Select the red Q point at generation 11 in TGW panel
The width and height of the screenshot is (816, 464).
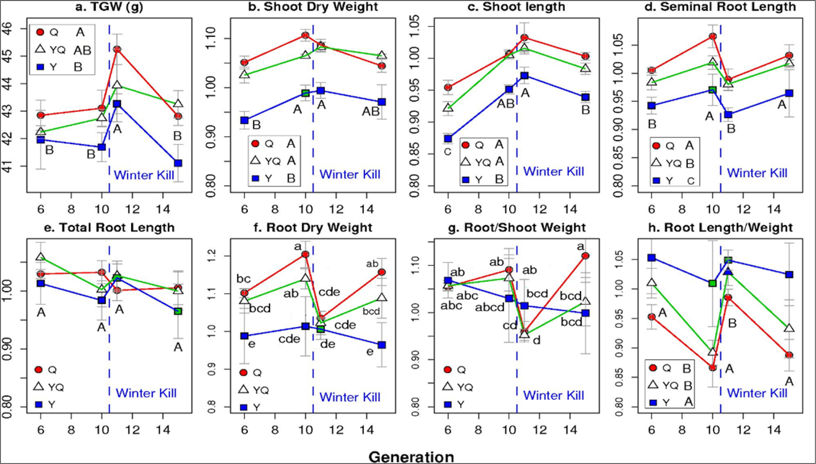click(117, 49)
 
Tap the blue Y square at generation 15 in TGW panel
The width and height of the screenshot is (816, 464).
click(178, 163)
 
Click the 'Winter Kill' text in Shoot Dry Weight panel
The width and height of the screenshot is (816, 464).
click(350, 174)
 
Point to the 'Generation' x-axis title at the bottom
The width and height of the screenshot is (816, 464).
click(411, 457)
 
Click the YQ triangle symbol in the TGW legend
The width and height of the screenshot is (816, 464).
click(40, 49)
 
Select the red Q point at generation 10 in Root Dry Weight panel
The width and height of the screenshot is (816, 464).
click(305, 255)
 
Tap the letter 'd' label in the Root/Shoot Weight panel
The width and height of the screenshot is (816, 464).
click(536, 341)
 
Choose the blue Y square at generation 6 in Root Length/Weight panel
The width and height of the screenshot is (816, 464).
click(652, 258)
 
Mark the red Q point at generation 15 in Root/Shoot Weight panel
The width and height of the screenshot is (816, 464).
click(585, 256)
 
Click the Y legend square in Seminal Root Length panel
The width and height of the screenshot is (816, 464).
click(657, 180)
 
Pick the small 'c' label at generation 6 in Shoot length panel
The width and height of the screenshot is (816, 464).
click(448, 152)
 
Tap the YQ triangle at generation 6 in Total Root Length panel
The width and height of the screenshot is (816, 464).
click(40, 257)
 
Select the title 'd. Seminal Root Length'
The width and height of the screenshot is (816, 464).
click(728, 7)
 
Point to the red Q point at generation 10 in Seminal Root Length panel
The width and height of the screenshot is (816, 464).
click(713, 36)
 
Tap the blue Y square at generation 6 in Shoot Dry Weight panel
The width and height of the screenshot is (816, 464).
click(244, 120)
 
